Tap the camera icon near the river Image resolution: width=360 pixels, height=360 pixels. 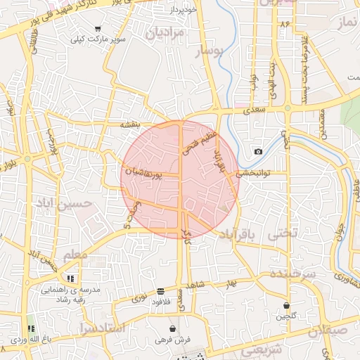click(258, 152)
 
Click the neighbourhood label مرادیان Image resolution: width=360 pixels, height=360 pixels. click(167, 33)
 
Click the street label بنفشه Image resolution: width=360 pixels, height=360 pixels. click(130, 124)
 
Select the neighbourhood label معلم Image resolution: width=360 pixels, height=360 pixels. click(75, 255)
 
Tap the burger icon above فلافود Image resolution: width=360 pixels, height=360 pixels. click(162, 290)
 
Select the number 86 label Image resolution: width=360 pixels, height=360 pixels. click(285, 23)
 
